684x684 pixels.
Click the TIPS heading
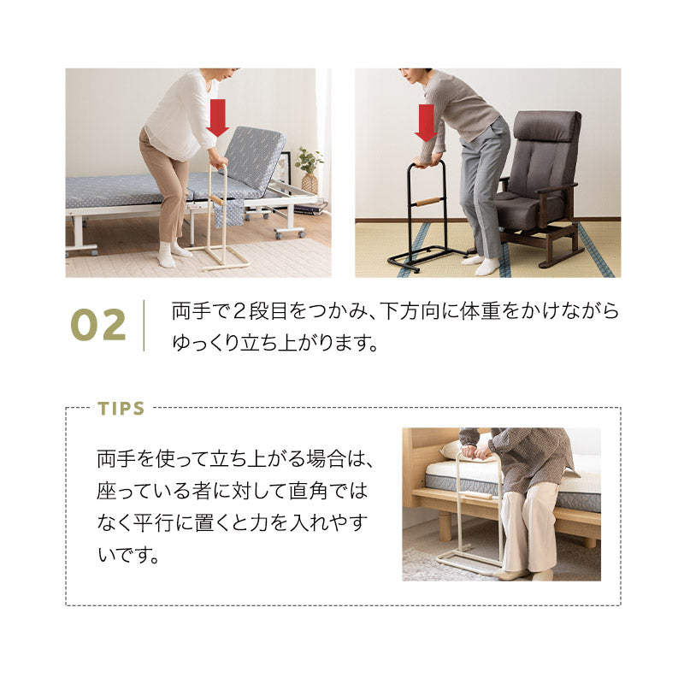(x=121, y=408)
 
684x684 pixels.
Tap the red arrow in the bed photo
(x=217, y=117)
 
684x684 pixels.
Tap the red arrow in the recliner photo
(x=425, y=122)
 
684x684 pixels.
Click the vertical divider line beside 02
(x=144, y=325)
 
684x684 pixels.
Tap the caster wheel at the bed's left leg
(x=90, y=250)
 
